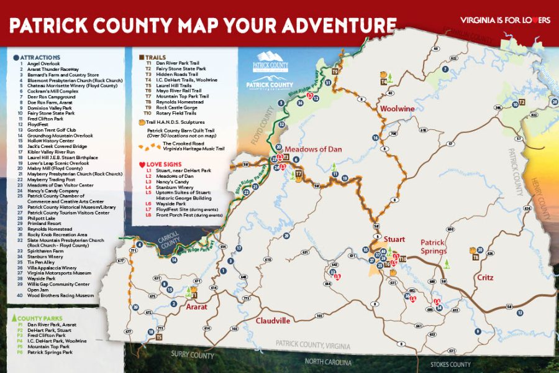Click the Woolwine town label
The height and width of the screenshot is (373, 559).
(x=397, y=109)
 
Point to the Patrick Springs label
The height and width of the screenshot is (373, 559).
(x=434, y=246)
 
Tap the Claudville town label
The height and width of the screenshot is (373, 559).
(x=273, y=321)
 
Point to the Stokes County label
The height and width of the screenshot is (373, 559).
(x=450, y=364)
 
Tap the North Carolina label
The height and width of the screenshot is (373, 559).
(x=328, y=362)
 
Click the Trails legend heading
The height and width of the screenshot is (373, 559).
(x=155, y=57)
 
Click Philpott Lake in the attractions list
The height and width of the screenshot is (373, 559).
(x=41, y=218)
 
